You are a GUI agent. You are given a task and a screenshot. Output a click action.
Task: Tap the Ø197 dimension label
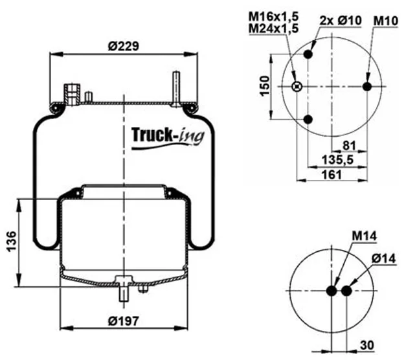(x=124, y=321)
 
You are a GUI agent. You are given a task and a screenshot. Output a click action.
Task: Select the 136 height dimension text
(x=12, y=242)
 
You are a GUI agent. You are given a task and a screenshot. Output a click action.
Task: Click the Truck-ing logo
(x=168, y=137)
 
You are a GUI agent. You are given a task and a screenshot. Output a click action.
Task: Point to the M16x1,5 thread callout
(x=274, y=17)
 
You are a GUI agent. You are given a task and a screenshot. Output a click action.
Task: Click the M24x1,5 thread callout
(x=274, y=28)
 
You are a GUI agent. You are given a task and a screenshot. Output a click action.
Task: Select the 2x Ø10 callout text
(x=341, y=21)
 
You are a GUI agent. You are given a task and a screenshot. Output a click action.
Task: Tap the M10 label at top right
(x=385, y=21)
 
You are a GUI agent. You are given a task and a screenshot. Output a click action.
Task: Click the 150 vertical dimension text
(x=265, y=86)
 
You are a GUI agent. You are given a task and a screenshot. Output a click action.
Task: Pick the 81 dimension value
(x=349, y=146)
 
